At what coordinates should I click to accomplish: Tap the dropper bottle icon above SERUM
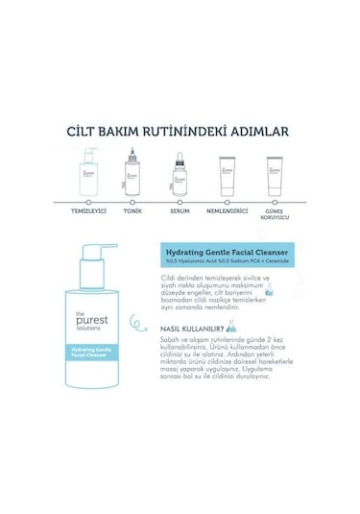point(179,172)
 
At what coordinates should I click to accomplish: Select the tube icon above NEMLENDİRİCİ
point(228,175)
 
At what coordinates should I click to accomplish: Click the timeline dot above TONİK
point(132,201)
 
